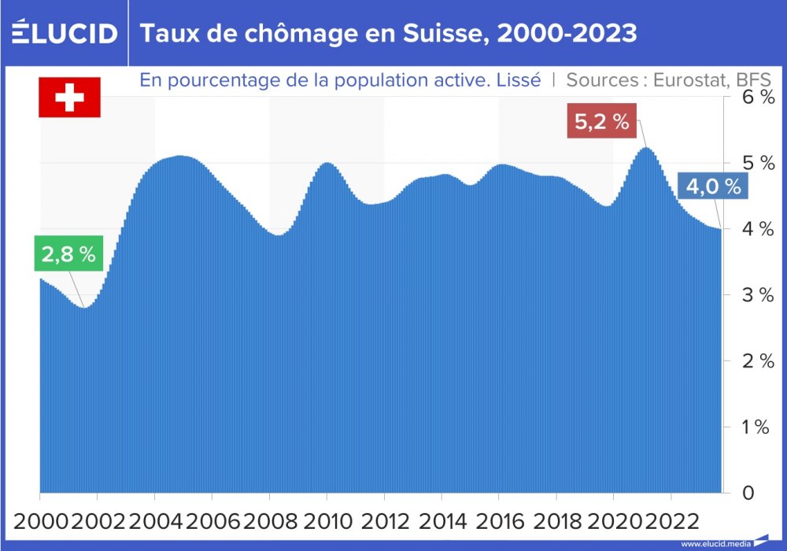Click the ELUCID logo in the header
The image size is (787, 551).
click(64, 33)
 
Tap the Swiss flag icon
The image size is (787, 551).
click(69, 98)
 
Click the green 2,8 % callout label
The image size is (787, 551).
click(69, 254)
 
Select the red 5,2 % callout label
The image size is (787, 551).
click(602, 122)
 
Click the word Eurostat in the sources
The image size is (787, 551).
click(689, 80)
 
